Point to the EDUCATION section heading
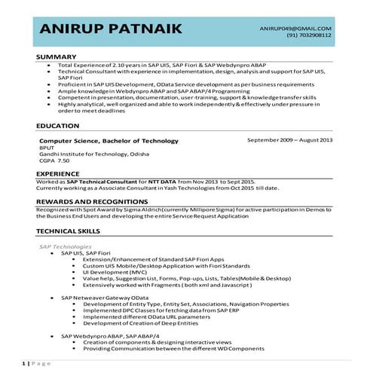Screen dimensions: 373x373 (x=60, y=126)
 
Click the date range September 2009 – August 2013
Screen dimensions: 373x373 (x=290, y=141)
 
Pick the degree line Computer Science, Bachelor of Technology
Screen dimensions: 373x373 (x=109, y=141)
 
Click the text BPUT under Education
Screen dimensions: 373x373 (x=46, y=148)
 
